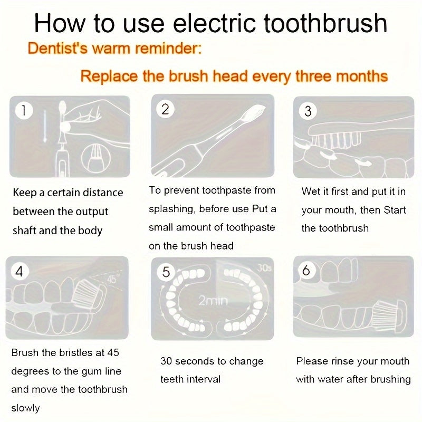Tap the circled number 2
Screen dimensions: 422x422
[165, 109]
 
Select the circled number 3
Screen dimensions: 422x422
[308, 111]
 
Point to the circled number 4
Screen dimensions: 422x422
[20, 272]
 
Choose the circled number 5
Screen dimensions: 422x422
[166, 272]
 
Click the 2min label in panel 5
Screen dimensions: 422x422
[213, 301]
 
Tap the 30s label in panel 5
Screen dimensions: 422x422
[262, 268]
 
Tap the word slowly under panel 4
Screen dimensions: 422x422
[25, 408]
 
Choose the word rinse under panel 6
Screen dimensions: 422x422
[339, 361]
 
